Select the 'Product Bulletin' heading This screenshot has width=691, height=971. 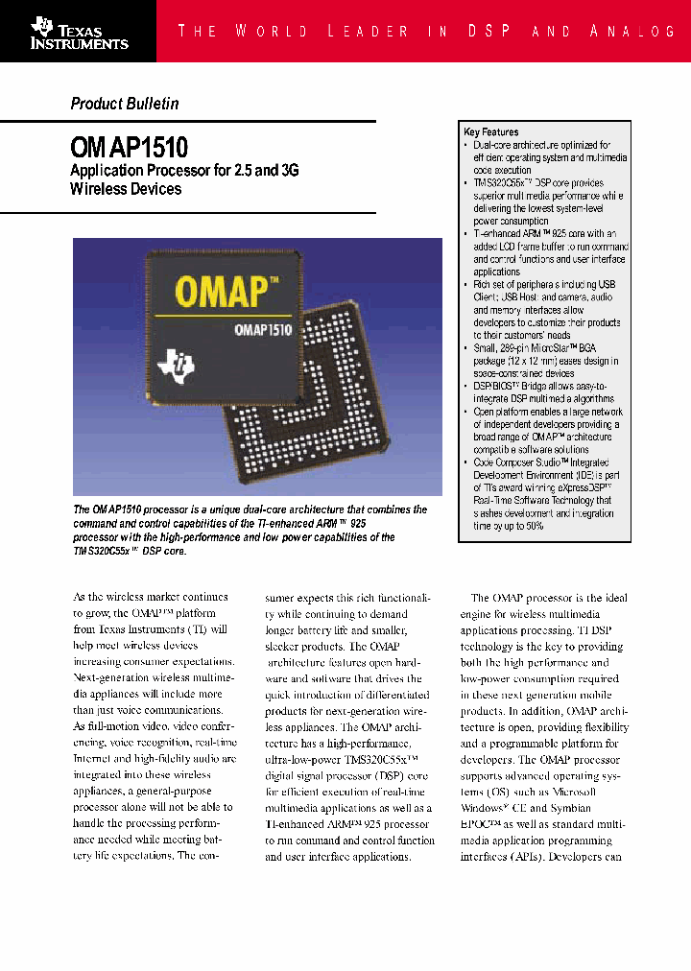pos(125,104)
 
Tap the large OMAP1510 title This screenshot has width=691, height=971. pos(130,147)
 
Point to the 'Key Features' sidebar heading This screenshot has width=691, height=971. pos(490,132)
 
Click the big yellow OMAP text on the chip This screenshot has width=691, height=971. pos(227,290)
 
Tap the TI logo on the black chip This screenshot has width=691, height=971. pos(181,363)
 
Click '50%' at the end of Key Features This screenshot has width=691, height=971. pos(535,526)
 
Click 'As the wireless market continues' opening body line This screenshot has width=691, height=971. pos(151,597)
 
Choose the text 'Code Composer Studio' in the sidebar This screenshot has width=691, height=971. pos(515,462)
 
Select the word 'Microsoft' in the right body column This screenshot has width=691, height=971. pos(573,793)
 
